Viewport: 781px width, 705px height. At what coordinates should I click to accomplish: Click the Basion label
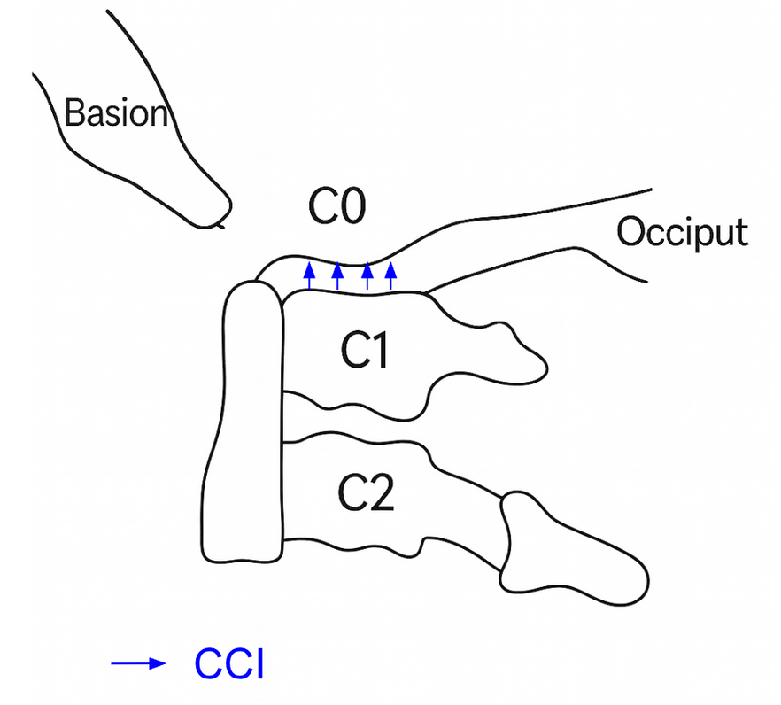(116, 114)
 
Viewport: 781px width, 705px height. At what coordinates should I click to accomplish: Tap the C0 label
(336, 208)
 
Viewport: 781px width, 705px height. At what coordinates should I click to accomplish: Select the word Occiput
(682, 232)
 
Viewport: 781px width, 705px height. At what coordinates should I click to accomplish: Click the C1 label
(367, 352)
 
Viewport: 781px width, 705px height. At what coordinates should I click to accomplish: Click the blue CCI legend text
(229, 664)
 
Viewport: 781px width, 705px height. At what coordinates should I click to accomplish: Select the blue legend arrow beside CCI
(138, 663)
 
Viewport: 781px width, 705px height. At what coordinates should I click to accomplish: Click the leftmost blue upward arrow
(309, 276)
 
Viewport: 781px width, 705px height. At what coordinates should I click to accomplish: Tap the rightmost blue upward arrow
(390, 276)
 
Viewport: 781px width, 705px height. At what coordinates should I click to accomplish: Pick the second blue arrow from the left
(337, 276)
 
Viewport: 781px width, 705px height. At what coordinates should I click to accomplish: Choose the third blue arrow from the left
(367, 276)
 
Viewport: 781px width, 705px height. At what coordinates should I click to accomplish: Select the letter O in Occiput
(630, 232)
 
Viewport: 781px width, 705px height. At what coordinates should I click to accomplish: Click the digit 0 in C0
(351, 208)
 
